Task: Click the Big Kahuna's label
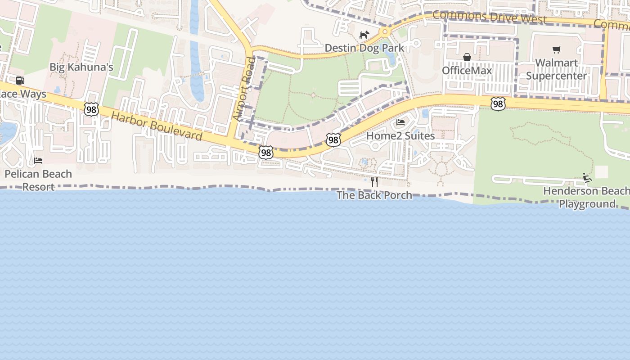81,67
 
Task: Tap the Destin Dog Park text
364,48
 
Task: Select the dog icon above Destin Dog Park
364,35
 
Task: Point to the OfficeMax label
467,71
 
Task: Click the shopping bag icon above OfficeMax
467,57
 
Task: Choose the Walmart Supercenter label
557,69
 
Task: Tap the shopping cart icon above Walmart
557,49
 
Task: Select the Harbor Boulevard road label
157,126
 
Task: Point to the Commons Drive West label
489,17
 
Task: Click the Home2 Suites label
400,135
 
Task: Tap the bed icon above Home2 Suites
400,122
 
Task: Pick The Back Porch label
374,195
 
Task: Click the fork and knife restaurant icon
374,182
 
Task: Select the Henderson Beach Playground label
586,198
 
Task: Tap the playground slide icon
587,178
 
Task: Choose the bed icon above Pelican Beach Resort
38,161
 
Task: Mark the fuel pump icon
20,81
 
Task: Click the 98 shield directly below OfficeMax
498,104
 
